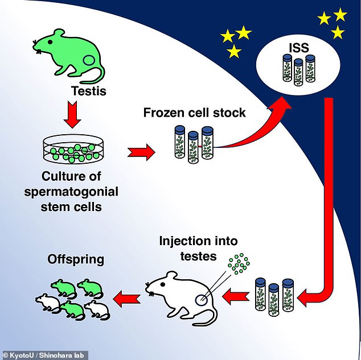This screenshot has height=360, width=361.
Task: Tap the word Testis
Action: coord(89,90)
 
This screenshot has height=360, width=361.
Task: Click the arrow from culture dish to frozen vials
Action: coord(141,152)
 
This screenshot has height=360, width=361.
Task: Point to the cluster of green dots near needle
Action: coord(239,263)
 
